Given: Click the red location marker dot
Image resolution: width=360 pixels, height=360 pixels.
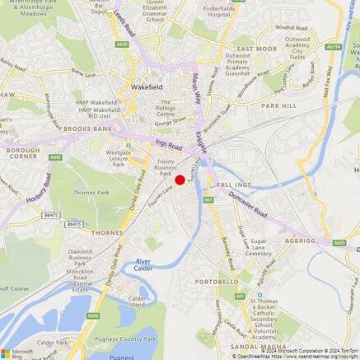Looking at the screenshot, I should (x=180, y=180).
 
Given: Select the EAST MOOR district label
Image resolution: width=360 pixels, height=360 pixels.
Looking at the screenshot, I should (x=256, y=49).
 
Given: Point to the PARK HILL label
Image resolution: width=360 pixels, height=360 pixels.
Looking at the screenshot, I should (x=278, y=105).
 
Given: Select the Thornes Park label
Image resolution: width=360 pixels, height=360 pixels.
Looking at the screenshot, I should (x=91, y=193).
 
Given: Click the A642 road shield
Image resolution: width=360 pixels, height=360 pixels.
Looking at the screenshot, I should (x=55, y=157).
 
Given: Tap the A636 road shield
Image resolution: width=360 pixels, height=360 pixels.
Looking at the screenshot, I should (x=93, y=315).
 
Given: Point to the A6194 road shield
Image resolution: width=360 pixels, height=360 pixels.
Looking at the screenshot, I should (x=333, y=47).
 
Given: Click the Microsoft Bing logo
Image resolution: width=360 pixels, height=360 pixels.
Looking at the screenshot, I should (x=18, y=352).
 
